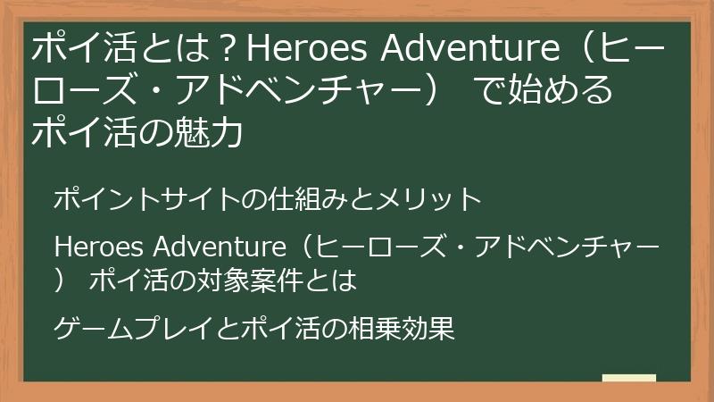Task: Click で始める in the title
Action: click(x=544, y=92)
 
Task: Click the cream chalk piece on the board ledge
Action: click(x=629, y=378)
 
